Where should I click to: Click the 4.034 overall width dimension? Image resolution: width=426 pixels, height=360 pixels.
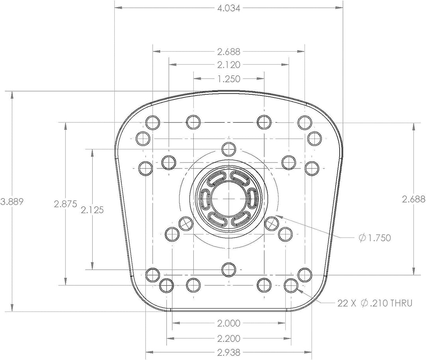tap(229, 7)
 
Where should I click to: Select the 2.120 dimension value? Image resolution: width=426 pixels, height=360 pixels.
tap(229, 64)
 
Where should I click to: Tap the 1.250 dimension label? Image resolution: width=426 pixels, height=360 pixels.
tap(229, 79)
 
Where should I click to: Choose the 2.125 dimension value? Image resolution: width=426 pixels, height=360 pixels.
tap(92, 210)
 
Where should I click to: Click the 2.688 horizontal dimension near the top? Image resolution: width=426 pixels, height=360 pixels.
tap(229, 51)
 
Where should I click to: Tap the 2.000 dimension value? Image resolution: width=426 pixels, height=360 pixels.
tap(229, 323)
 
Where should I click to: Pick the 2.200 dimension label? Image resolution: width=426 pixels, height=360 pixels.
tap(229, 338)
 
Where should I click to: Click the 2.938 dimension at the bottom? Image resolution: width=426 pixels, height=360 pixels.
tap(229, 352)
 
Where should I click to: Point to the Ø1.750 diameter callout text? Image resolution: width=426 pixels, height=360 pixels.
tap(374, 238)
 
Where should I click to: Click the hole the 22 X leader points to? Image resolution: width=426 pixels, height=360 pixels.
tap(291, 284)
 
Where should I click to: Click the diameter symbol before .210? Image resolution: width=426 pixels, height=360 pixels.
tap(365, 303)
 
